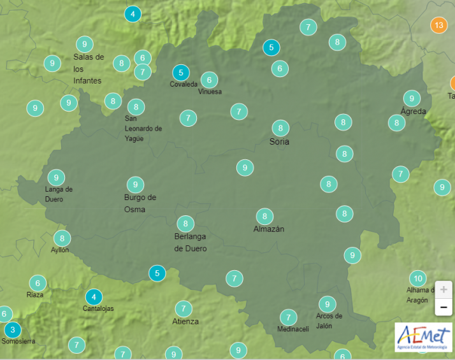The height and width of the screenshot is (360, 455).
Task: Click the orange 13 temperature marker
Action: coord(438,25)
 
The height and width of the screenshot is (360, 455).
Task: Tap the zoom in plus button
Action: coord(444,289)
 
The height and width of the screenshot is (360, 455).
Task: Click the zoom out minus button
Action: coord(444,308)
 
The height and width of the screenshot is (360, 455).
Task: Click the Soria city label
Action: coord(279,141)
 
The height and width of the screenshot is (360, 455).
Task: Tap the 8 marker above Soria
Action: coord(280,127)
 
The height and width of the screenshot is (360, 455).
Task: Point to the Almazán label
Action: coord(269,229)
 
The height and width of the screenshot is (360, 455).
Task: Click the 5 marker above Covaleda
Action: coord(181,73)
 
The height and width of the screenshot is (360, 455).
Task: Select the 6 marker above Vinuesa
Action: coord(209,80)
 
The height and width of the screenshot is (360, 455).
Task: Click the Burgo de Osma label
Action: coord(140,203)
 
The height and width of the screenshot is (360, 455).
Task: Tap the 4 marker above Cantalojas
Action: coord(94,297)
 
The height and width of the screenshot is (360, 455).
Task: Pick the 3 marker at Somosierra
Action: coord(12,330)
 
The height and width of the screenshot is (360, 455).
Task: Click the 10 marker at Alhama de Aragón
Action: coord(417,278)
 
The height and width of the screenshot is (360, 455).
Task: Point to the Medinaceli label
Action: coord(293,329)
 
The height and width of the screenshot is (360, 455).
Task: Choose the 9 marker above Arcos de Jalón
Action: coord(327,304)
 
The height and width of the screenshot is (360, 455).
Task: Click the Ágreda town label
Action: coord(413,111)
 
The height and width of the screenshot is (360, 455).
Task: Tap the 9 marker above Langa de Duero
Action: coord(56,178)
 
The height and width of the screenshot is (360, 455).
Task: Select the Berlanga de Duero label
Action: coord(191,242)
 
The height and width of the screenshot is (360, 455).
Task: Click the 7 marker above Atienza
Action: coord(184,308)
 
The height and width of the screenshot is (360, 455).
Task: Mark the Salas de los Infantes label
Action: coord(88,69)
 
